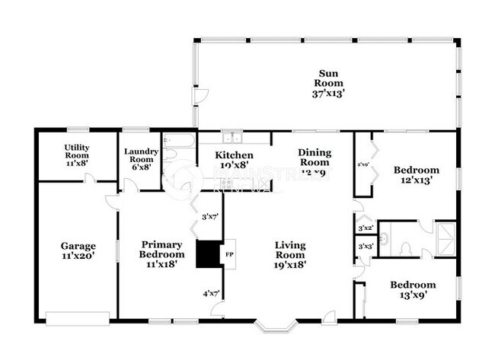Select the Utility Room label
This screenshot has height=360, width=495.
76,151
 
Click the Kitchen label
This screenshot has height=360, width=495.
225,156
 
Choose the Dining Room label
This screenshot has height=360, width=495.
315,157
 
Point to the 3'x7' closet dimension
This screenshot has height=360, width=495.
210,216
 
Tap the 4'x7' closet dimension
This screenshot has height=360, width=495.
210,293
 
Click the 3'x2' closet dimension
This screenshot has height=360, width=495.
365,228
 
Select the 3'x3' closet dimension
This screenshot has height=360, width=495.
365,246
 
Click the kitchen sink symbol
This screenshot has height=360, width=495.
232,138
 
